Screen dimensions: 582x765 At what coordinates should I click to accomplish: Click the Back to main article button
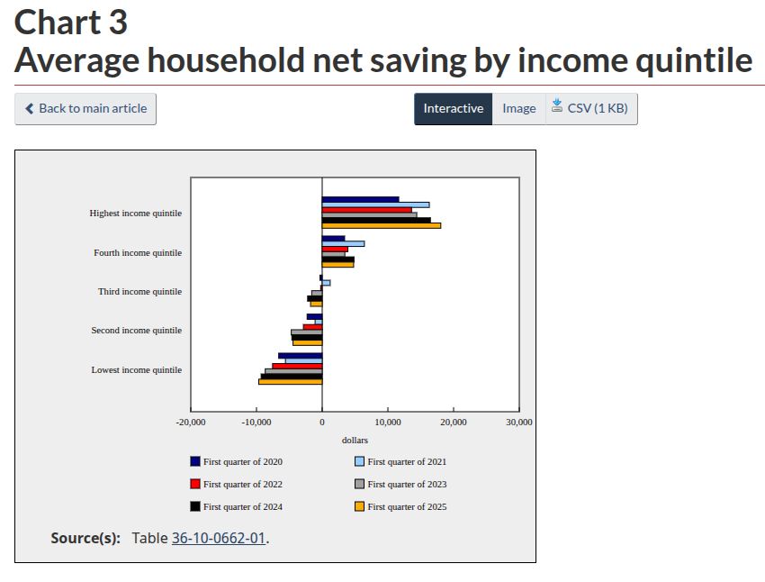tap(85, 108)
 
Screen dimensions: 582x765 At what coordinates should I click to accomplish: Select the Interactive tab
tap(453, 108)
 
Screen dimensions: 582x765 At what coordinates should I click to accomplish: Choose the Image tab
tap(518, 108)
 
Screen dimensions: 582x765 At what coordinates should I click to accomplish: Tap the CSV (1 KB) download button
tap(590, 108)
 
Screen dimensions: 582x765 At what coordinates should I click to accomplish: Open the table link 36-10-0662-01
tap(219, 538)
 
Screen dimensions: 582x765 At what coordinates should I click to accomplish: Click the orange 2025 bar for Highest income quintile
tap(381, 225)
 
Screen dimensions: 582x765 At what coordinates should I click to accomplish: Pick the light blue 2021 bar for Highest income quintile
tap(375, 205)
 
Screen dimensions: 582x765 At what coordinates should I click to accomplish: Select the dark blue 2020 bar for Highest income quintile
tap(360, 199)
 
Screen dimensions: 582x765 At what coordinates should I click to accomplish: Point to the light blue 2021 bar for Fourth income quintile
tap(343, 243)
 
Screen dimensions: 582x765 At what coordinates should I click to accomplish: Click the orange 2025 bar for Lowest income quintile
tap(290, 381)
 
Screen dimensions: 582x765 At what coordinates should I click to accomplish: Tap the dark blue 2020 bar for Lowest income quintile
tap(301, 356)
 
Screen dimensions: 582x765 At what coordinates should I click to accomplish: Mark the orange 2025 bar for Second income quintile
tap(308, 342)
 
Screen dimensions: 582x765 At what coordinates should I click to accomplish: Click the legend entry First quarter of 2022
tap(237, 484)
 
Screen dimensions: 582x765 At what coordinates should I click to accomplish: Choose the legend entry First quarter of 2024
tap(237, 506)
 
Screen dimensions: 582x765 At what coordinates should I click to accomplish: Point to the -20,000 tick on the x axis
tap(191, 422)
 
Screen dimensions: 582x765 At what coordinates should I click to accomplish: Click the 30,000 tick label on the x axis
tap(519, 422)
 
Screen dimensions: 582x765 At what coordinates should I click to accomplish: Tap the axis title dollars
tap(355, 440)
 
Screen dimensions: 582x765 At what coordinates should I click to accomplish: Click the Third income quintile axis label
tap(139, 291)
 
